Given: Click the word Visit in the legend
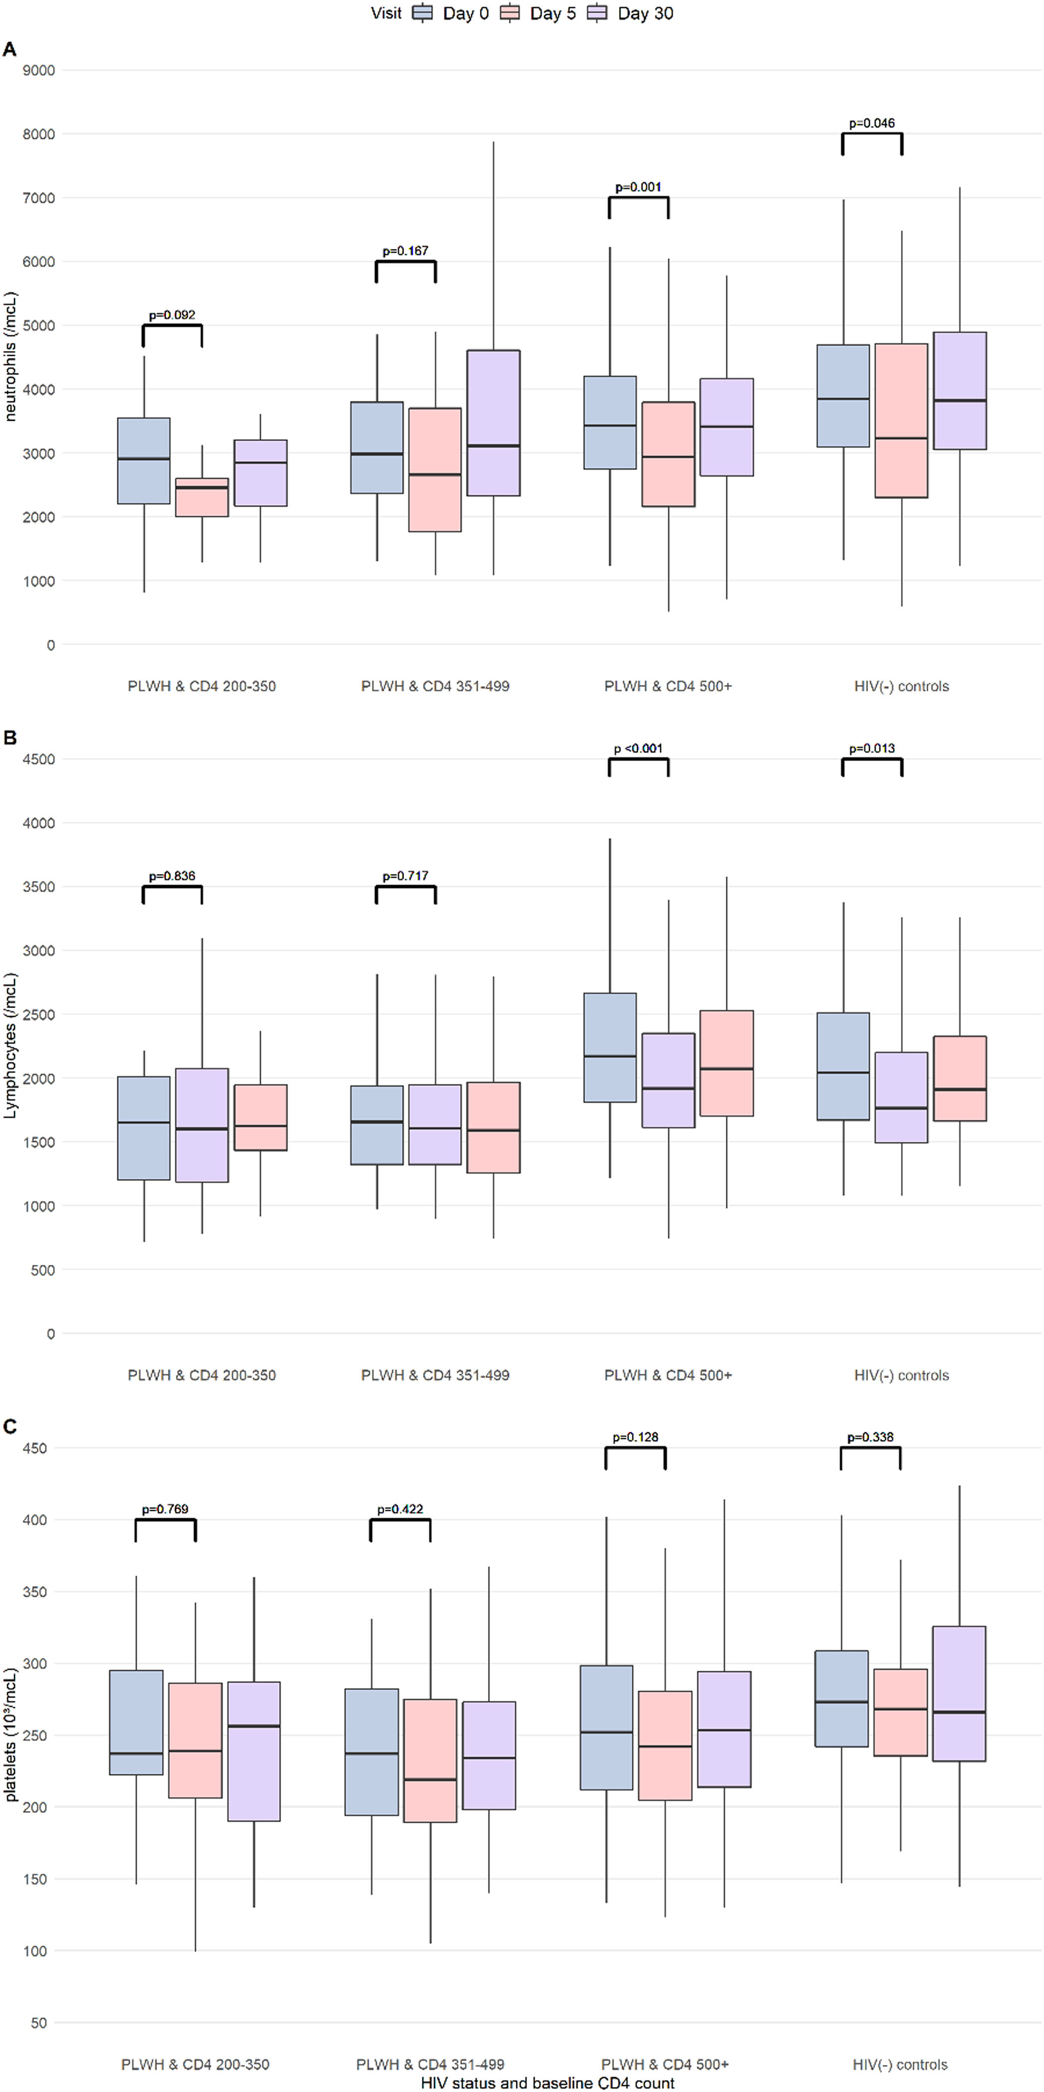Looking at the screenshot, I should (386, 13).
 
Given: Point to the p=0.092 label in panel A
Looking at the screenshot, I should (172, 315).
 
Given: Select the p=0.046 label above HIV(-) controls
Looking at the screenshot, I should (872, 124).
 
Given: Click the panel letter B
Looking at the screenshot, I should (10, 737).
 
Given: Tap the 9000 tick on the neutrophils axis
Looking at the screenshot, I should (39, 71).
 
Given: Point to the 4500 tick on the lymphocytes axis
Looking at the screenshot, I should (39, 759).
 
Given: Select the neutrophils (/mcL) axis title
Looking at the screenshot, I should (10, 357).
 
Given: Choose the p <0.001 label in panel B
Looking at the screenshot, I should (638, 749).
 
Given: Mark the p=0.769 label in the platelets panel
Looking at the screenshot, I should (165, 1509).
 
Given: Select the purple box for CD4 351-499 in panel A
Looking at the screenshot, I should (493, 422).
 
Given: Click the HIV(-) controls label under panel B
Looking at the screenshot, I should (901, 1375).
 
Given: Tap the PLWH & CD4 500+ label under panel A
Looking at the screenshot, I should (668, 686).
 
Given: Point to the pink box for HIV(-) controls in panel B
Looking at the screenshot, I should (960, 1078).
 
